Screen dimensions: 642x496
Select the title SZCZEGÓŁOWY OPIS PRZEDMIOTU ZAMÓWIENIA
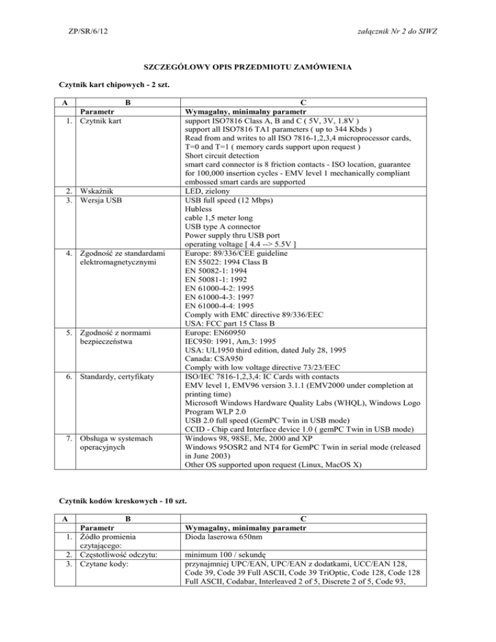pyautogui.click(x=247, y=68)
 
